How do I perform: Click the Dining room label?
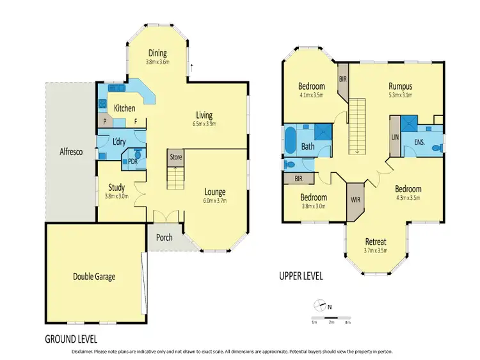157,53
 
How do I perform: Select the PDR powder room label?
133,161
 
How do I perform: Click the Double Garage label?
93,277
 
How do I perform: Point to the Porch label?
164,238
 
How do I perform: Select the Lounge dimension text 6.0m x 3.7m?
215,200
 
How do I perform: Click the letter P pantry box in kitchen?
104,120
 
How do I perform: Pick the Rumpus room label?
400,86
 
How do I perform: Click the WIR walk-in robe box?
354,200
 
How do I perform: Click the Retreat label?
376,241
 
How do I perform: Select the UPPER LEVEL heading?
301,277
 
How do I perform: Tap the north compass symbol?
321,306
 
